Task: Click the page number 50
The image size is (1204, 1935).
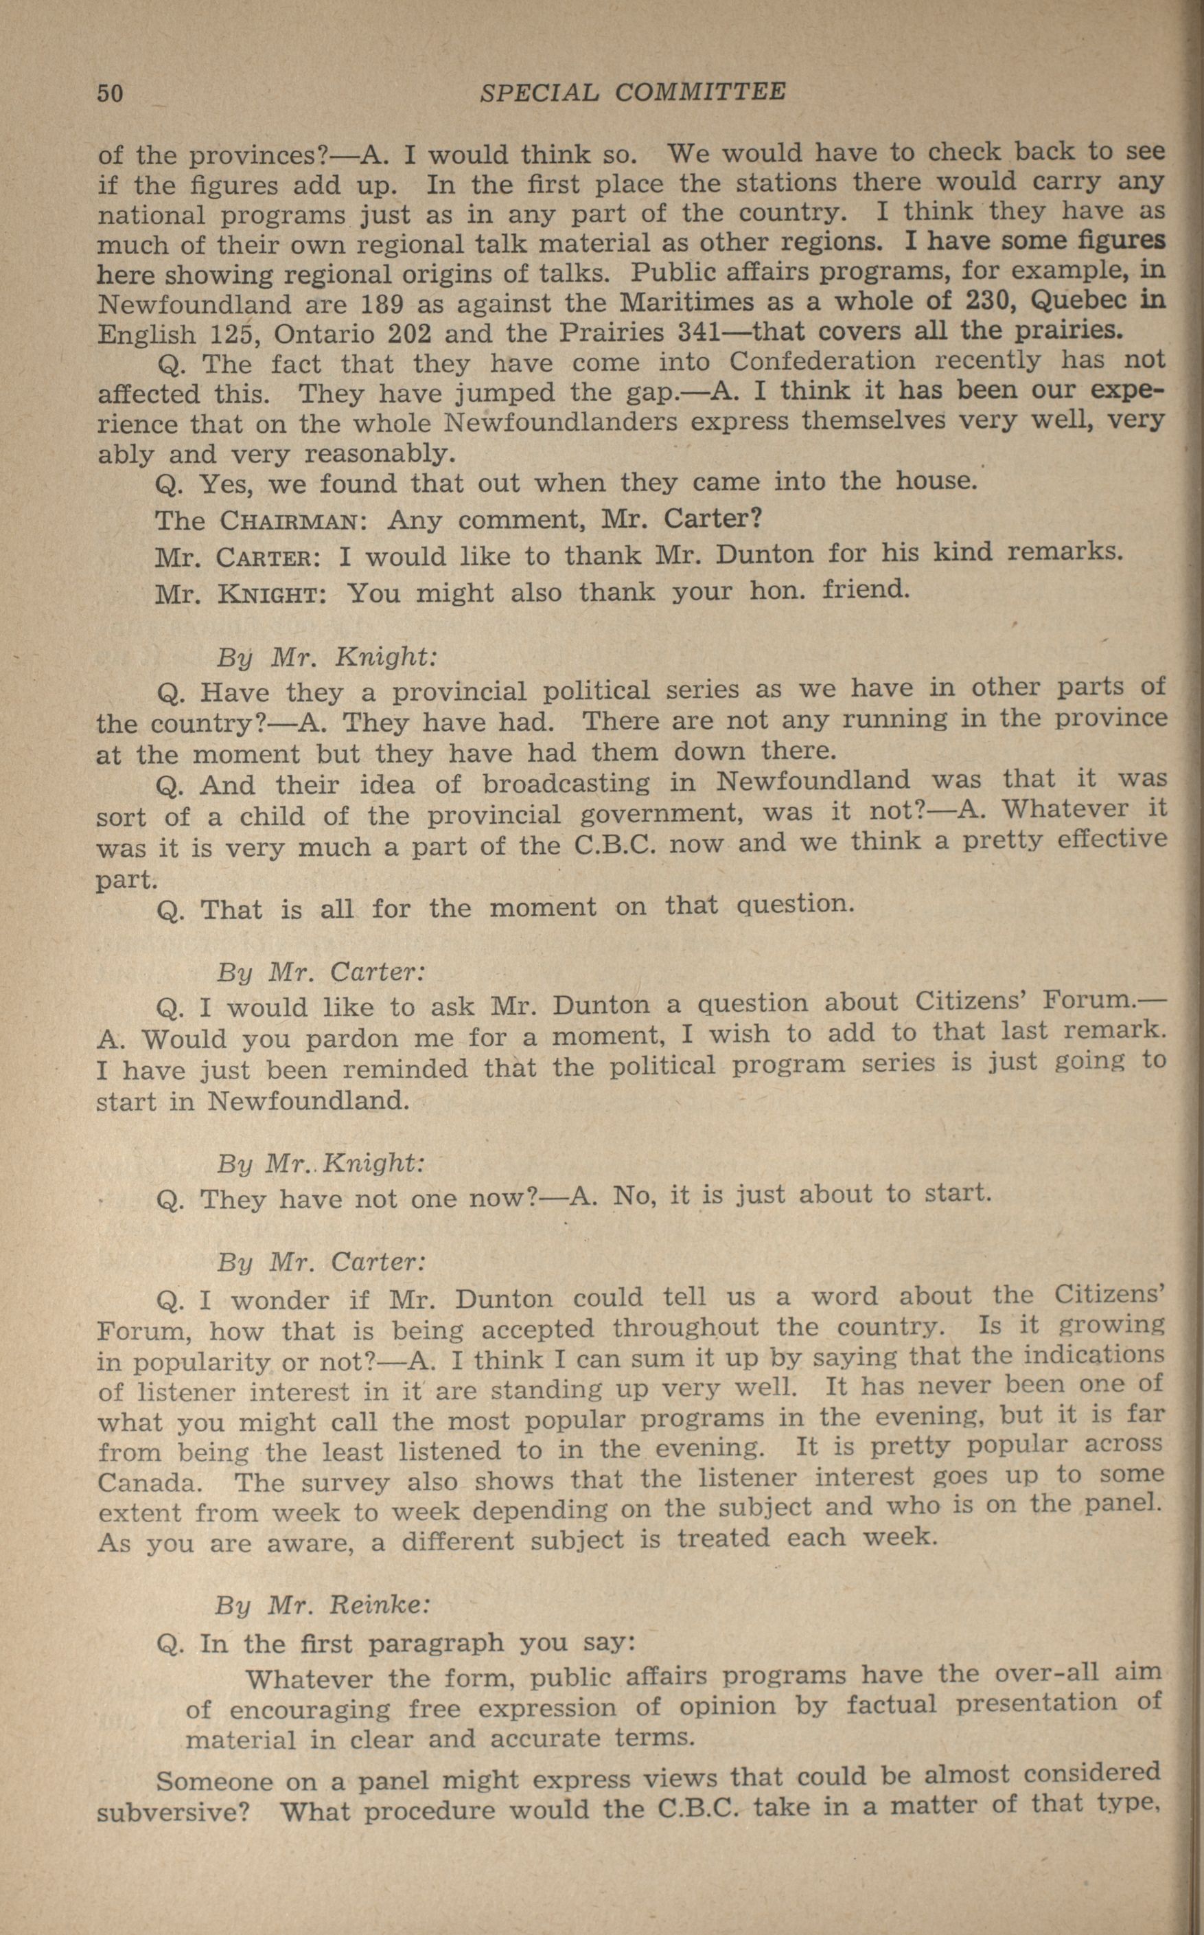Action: coord(110,93)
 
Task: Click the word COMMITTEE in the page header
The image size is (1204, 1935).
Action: coord(700,93)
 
